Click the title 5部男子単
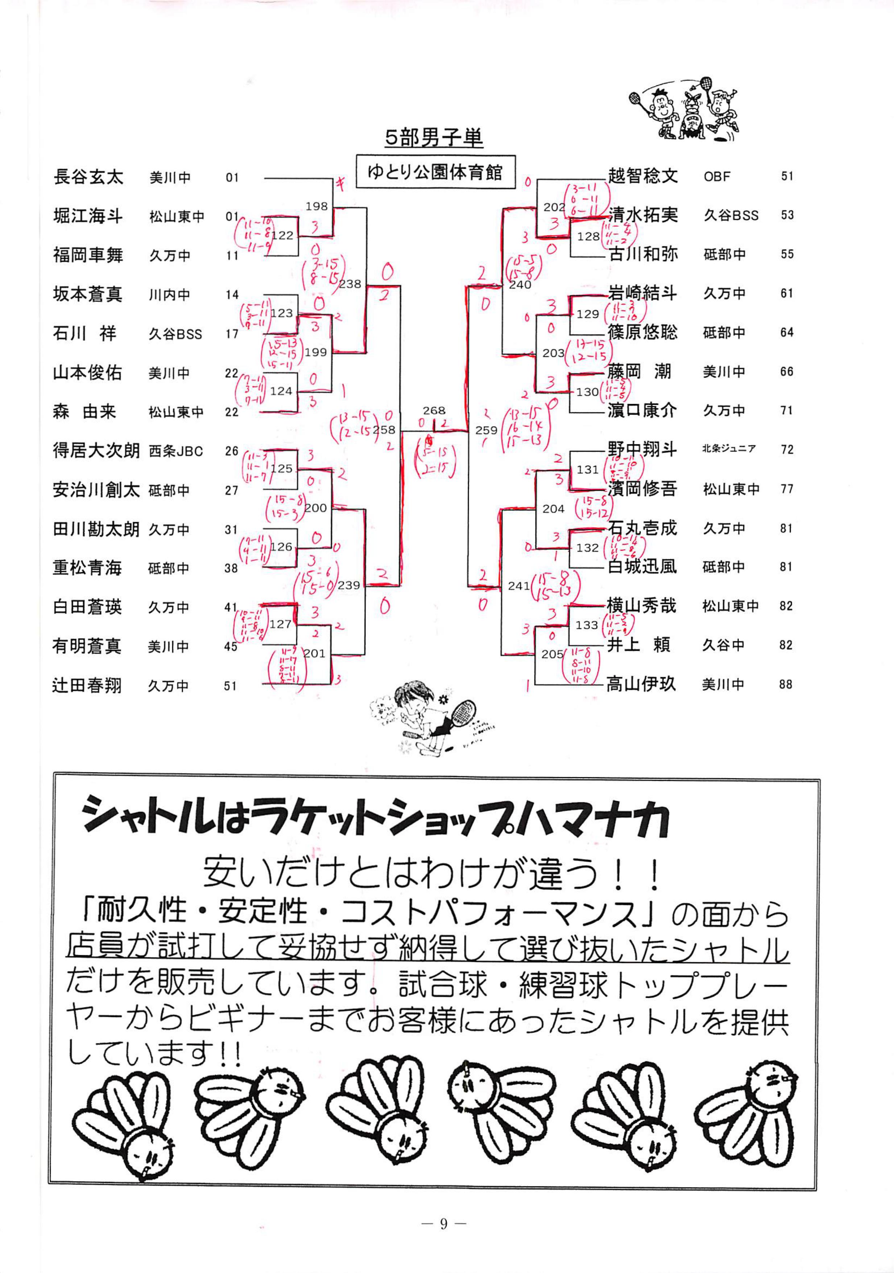(434, 138)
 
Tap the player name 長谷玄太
(88, 177)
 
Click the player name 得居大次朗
(96, 450)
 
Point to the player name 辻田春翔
(87, 685)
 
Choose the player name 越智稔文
(642, 176)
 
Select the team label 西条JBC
(176, 451)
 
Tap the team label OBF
(717, 177)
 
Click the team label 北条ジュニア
(728, 449)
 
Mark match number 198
(316, 206)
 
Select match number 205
(552, 654)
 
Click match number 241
(519, 585)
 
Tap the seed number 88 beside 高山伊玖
(785, 684)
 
